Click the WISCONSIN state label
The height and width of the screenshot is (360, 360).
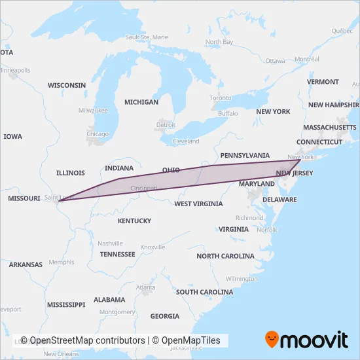click(67, 85)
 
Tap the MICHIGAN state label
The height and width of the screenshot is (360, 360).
click(141, 102)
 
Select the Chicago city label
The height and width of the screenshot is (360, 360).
click(98, 134)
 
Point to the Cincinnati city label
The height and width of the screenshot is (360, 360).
click(144, 188)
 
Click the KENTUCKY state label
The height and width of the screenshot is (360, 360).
click(134, 221)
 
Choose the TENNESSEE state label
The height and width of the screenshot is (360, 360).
click(118, 254)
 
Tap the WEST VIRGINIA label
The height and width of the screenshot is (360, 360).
click(198, 204)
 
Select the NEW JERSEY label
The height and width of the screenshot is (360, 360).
click(295, 173)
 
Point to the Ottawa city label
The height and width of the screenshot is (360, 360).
click(276, 61)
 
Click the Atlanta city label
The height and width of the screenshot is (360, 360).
click(145, 287)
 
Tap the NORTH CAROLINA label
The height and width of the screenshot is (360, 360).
click(225, 256)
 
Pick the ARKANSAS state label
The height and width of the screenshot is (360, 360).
click(26, 265)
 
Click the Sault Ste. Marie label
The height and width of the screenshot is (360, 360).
click(146, 37)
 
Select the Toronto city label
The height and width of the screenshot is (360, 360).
click(221, 98)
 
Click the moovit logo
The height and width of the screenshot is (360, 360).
click(306, 340)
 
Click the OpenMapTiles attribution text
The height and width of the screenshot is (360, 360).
click(190, 340)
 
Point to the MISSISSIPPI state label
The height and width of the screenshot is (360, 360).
click(66, 305)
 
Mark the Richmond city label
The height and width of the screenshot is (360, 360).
click(249, 217)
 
